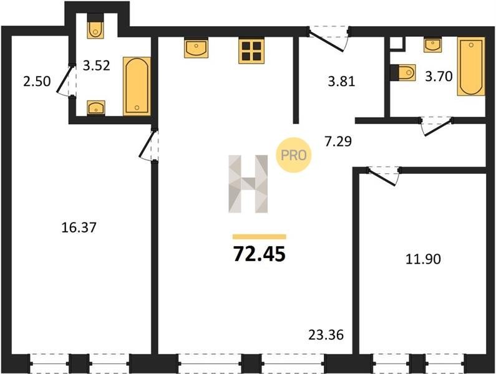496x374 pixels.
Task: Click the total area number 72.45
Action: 260,254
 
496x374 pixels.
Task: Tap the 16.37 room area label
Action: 79,228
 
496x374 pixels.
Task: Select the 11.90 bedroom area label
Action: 423,259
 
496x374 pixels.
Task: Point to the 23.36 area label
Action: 326,335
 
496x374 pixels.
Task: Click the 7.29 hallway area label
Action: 338,141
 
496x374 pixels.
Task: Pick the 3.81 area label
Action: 341,82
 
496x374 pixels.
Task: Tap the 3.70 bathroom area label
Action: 439,76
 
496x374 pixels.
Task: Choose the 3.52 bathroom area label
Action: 97,65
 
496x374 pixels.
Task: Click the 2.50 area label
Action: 37,81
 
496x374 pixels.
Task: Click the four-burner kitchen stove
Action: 251,51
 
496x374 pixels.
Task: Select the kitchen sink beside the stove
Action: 196,48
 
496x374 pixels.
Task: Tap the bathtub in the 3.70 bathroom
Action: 471,67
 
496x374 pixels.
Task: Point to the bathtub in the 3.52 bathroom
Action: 137,86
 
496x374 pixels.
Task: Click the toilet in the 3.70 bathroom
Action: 404,73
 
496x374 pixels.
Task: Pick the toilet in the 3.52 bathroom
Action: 95,27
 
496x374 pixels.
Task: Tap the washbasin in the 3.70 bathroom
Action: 432,45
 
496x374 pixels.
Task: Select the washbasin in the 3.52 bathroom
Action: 96,107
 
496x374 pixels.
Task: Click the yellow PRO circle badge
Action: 294,155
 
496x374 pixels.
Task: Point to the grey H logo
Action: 248,184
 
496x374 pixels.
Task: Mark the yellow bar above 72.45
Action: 260,237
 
